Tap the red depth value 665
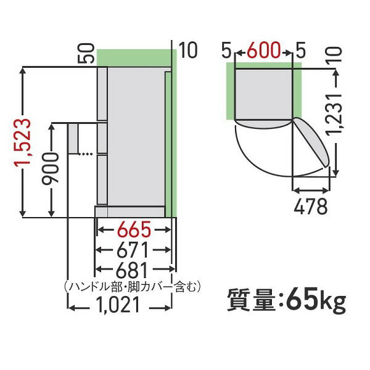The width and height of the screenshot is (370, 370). pyautogui.click(x=131, y=231)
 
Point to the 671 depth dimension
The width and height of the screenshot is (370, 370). pyautogui.click(x=131, y=251)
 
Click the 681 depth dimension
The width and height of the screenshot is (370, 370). pyautogui.click(x=131, y=270)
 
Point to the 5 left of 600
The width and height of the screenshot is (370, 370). pyautogui.click(x=228, y=49)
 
